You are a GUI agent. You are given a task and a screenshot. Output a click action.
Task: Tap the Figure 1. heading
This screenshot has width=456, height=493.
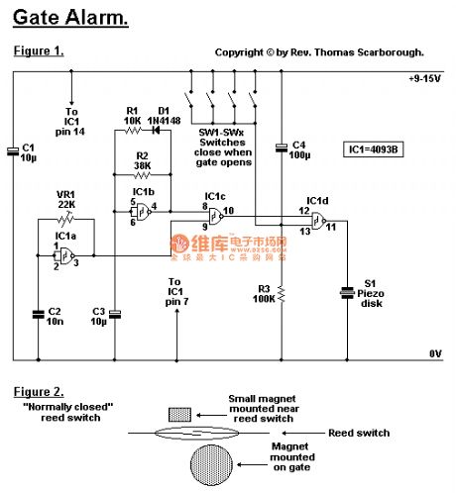(x=39, y=51)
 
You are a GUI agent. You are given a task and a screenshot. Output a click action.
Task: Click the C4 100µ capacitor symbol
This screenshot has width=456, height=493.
(x=283, y=148)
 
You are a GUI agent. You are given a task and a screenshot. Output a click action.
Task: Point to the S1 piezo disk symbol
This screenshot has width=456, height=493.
(x=347, y=292)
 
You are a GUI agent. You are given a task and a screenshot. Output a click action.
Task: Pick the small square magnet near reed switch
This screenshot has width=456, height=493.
(x=180, y=412)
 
